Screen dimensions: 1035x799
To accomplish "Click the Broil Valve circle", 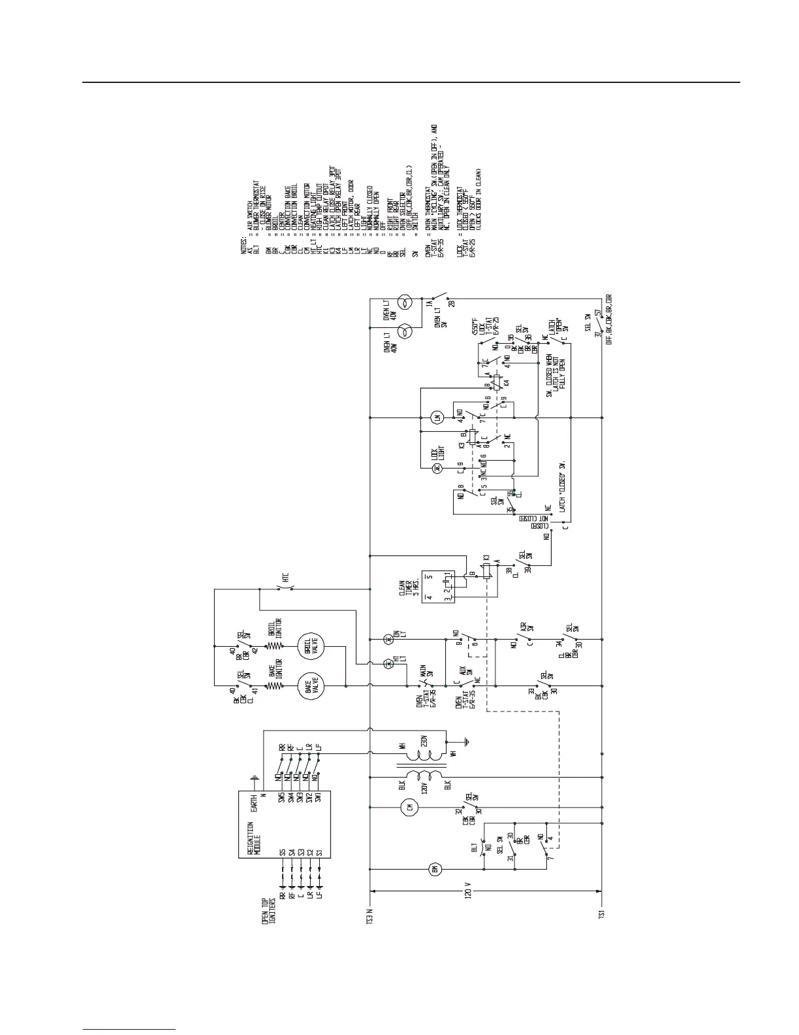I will point(309,646).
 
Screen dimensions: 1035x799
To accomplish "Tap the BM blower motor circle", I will point(435,869).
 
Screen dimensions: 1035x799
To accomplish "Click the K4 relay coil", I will point(499,381).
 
